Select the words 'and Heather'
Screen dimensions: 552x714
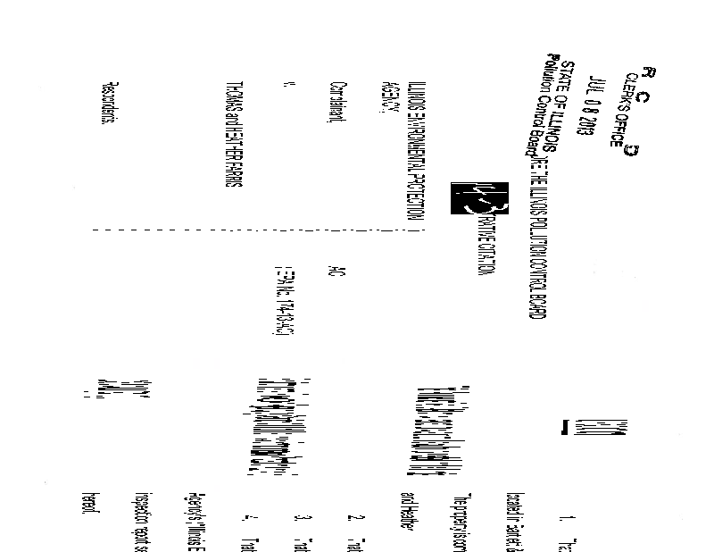tap(406, 506)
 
